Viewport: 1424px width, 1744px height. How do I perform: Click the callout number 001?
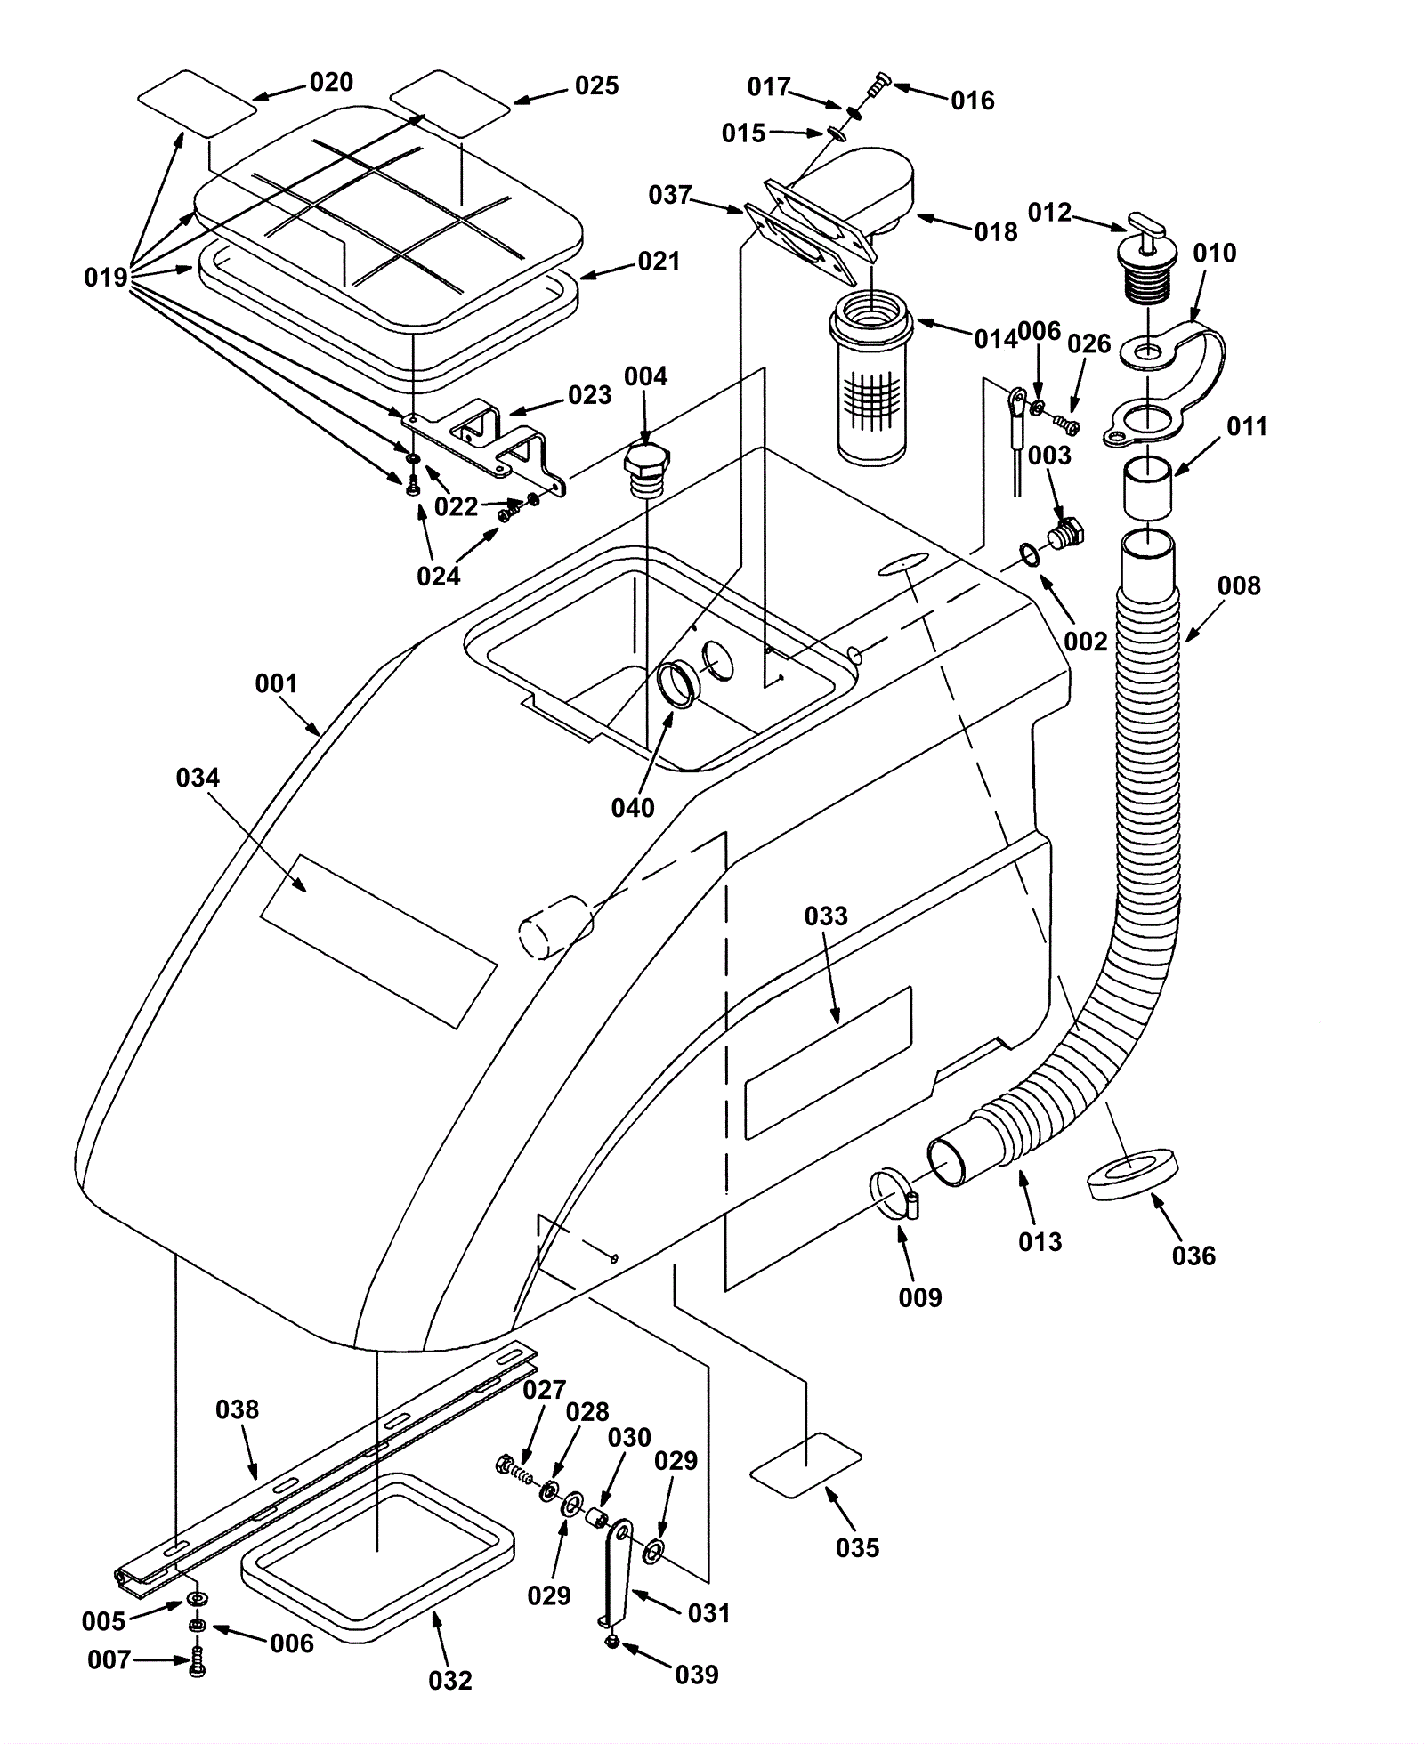coord(276,683)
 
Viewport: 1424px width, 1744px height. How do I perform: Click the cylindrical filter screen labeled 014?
coord(870,378)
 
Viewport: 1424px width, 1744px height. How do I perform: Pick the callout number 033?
coord(826,916)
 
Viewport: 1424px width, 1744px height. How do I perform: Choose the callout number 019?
coord(106,278)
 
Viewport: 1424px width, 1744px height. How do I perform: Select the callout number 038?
coord(238,1409)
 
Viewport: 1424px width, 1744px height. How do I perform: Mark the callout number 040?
coord(633,808)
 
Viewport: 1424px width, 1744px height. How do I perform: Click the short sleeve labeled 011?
coord(1148,488)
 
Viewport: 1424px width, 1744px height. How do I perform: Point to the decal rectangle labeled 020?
coord(197,103)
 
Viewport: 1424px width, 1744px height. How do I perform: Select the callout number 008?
coord(1239,585)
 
